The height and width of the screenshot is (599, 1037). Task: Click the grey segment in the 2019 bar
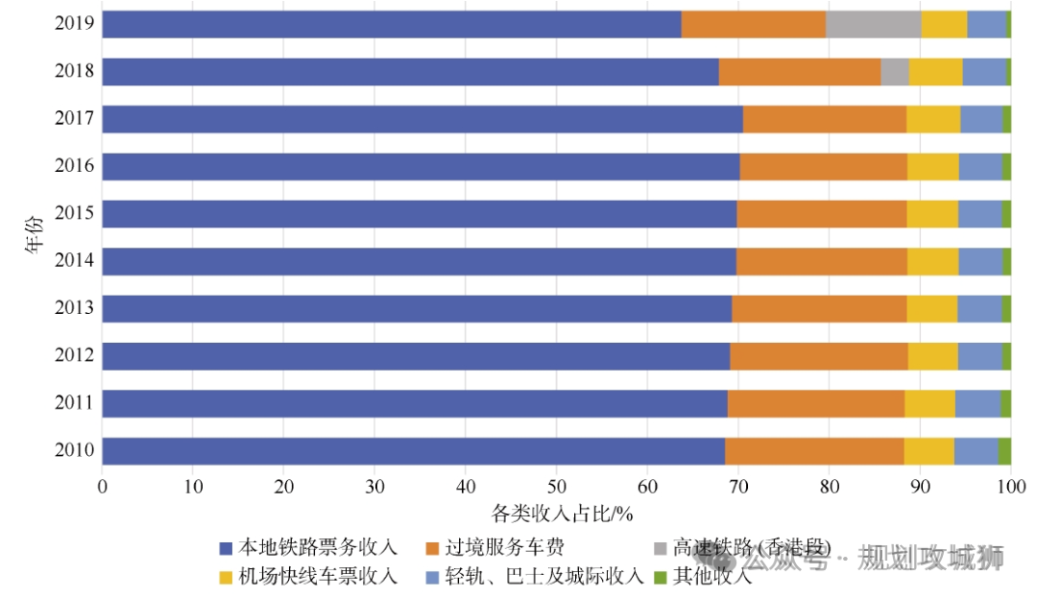click(873, 25)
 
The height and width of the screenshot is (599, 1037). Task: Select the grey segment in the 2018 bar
click(895, 72)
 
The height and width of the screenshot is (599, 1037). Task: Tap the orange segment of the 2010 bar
click(814, 451)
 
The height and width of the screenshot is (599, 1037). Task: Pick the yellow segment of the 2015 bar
click(932, 214)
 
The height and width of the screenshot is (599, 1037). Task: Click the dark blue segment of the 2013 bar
click(417, 309)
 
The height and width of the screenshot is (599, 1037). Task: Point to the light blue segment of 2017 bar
click(981, 119)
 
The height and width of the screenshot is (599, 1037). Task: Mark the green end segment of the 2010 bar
click(1004, 451)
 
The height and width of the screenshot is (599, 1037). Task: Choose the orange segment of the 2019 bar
click(754, 25)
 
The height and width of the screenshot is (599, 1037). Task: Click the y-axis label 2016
click(74, 166)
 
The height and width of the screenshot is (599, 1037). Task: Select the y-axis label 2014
click(74, 261)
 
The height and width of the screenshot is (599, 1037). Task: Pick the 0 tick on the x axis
click(103, 487)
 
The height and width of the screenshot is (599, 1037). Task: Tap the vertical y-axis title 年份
click(36, 237)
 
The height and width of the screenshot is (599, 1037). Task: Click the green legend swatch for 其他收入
click(660, 577)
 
